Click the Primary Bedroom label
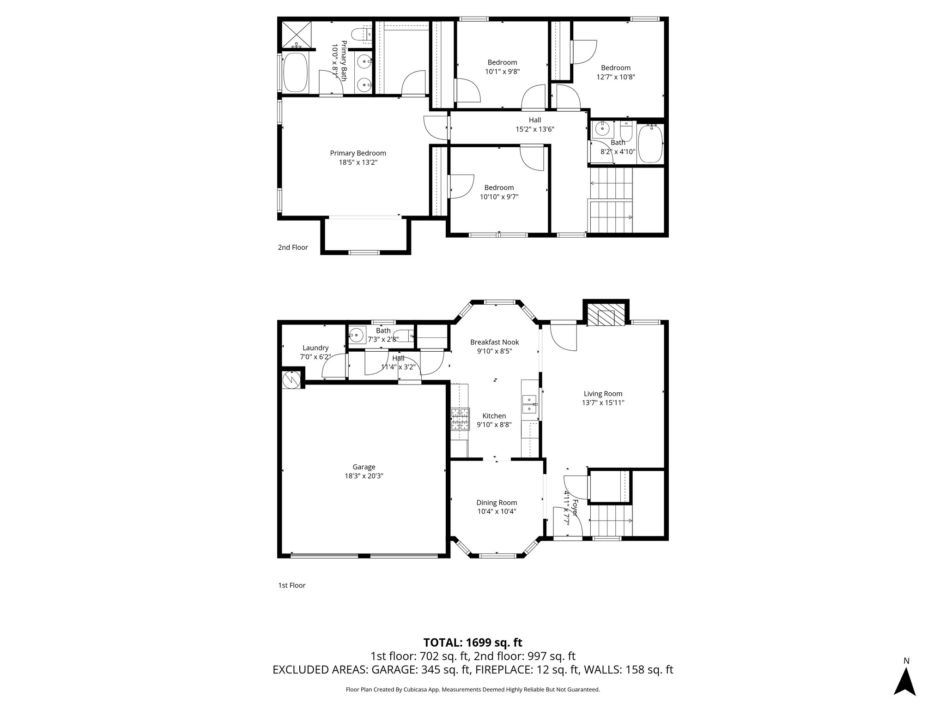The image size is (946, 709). [x=358, y=153]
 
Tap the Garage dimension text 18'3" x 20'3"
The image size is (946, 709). [x=364, y=476]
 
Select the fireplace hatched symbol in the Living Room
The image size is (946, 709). [x=606, y=315]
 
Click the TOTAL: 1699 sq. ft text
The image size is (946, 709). [x=473, y=643]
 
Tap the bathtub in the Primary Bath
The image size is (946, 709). [x=296, y=73]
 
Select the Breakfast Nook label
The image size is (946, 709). [x=494, y=342]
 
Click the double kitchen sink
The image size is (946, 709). [x=529, y=404]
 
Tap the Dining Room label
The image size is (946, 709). [x=497, y=503]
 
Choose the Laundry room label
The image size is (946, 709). [x=315, y=348]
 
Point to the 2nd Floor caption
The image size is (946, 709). [x=293, y=247]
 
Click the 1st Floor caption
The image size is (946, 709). [x=291, y=585]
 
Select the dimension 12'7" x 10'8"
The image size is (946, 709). [x=616, y=77]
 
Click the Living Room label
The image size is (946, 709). [x=603, y=394]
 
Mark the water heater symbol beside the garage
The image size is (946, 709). [x=291, y=379]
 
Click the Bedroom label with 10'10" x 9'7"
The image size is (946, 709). [x=499, y=187]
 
